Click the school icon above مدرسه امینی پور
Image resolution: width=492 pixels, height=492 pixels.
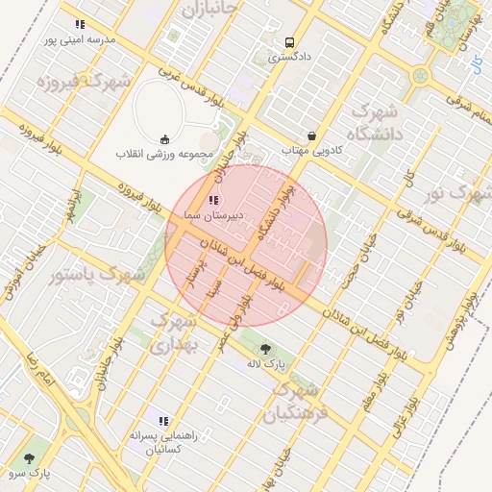click(80, 24)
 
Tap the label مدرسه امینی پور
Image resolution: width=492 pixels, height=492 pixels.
click(80, 40)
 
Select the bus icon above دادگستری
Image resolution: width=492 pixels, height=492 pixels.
click(289, 43)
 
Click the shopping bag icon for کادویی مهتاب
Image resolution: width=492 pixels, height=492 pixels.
click(311, 136)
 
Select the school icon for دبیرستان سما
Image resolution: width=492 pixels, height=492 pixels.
click(211, 200)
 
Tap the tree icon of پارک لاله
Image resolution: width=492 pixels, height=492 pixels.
click(266, 349)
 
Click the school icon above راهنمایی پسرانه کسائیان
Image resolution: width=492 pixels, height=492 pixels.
click(163, 421)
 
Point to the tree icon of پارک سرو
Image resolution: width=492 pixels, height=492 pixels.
click(31, 458)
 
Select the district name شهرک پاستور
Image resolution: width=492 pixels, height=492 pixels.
click(96, 275)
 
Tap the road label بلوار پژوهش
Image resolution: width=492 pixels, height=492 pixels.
click(459, 322)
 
